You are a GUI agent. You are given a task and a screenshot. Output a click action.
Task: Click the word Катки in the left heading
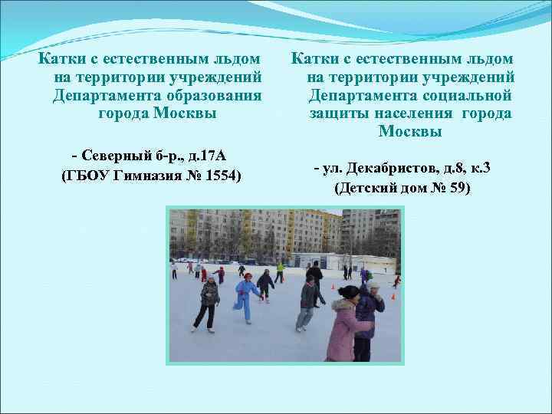click(x=58, y=58)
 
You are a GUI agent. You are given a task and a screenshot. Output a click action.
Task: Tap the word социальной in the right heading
click(x=467, y=95)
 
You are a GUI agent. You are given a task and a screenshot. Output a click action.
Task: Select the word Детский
click(x=367, y=188)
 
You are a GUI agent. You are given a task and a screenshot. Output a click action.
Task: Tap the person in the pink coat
click(x=343, y=326)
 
